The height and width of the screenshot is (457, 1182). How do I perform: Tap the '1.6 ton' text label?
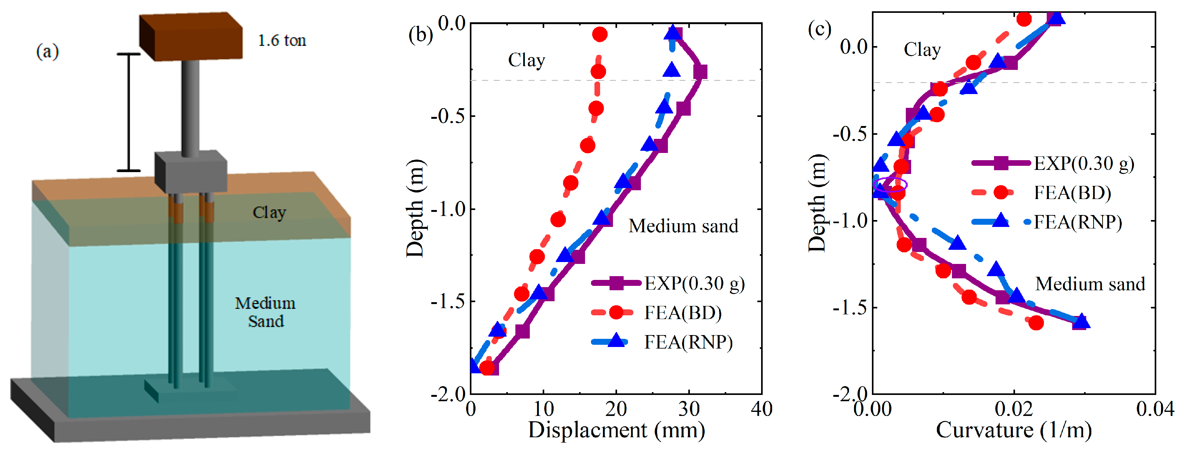[282, 41]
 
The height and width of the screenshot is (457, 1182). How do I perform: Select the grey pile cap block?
[191, 171]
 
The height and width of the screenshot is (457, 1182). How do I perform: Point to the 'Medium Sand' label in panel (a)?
[265, 312]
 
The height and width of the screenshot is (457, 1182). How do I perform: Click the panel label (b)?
[420, 35]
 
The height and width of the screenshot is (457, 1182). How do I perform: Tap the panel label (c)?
[819, 29]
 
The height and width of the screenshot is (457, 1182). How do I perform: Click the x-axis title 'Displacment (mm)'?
[616, 430]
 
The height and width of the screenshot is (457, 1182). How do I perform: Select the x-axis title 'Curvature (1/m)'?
[1013, 430]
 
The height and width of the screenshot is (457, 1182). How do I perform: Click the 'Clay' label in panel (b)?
[526, 60]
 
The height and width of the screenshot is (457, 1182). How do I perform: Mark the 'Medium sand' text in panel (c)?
[1090, 284]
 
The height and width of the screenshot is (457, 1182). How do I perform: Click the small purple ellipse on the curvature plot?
[890, 185]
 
